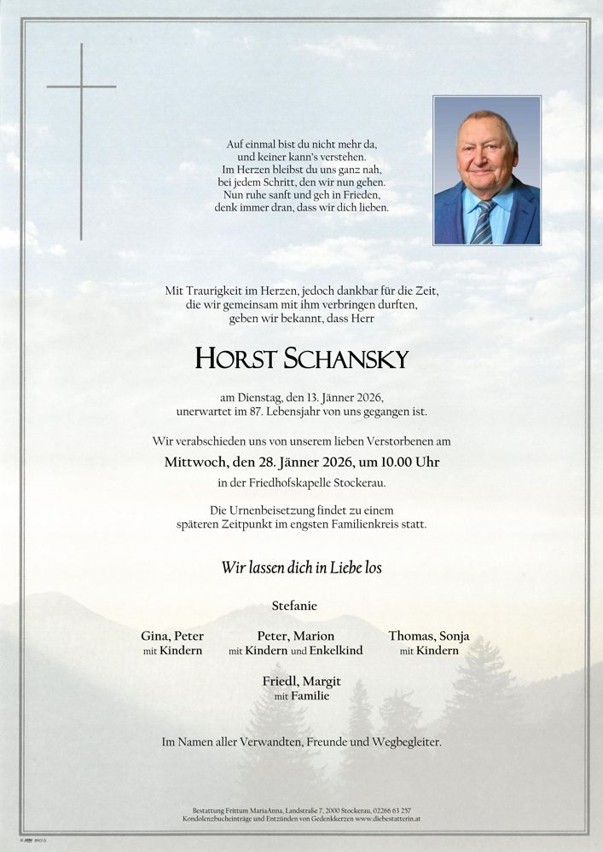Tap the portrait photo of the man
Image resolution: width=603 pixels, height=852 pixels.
click(486, 170)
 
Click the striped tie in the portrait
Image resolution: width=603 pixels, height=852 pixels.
click(483, 223)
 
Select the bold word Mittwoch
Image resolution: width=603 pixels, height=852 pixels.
click(195, 463)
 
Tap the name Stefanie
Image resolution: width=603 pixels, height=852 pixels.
click(294, 606)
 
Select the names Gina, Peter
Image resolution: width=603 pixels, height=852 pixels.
click(172, 636)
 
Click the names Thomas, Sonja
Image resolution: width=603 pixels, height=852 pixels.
click(429, 636)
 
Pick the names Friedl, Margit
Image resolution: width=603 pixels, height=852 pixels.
click(301, 682)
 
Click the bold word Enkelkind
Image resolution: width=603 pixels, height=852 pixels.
click(335, 651)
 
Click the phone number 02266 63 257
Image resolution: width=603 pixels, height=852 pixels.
click(391, 809)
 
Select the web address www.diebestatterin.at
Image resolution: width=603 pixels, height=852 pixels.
click(380, 818)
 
